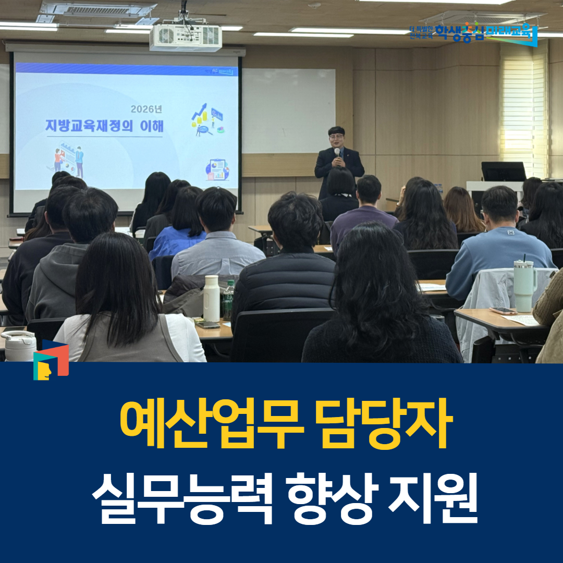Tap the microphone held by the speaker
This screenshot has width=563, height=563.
(337, 152)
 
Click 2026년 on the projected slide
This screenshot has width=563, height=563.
(147, 109)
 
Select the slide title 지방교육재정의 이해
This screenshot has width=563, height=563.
(104, 126)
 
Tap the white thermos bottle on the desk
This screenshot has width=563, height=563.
(212, 298)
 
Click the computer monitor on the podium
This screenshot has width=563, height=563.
(503, 172)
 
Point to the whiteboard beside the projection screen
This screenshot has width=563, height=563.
(288, 111)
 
